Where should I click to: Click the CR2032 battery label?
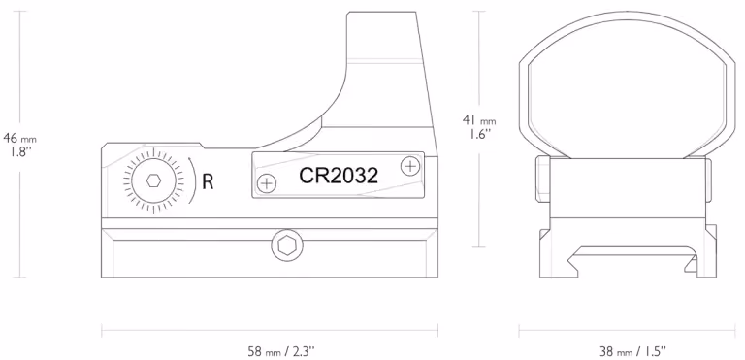coord(339,176)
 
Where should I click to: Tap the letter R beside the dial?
coord(208,181)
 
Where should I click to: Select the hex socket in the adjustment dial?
coord(153,180)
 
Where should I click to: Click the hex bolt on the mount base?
coord(286,246)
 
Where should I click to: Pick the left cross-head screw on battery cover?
coord(267,183)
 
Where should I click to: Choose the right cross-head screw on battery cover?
coord(410,166)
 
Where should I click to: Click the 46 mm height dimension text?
coord(19,139)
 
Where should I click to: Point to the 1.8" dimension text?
coord(19,152)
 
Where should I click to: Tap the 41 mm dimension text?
coord(479,119)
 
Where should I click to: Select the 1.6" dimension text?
coord(478,134)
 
